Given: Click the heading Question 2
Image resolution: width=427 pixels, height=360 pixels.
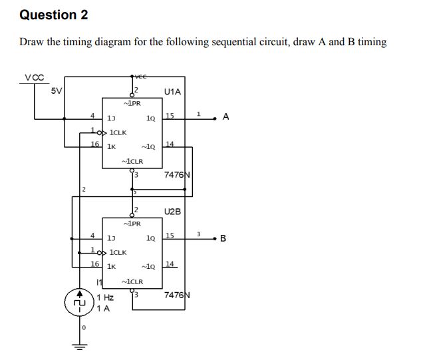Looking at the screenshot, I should point(54,15).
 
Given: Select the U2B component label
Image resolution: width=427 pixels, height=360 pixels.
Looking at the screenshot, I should point(172,211).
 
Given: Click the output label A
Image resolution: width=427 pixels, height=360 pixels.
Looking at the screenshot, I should point(226,117).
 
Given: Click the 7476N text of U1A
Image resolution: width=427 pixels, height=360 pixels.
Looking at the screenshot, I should point(177,175).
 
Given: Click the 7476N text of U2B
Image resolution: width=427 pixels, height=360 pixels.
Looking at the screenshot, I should point(177,295).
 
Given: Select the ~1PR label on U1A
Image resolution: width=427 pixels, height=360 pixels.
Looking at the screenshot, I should point(132,103).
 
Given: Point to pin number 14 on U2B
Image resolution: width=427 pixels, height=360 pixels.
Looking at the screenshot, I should point(170,264).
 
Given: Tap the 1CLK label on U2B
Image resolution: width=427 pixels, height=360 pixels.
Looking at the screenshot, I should point(118,252).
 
